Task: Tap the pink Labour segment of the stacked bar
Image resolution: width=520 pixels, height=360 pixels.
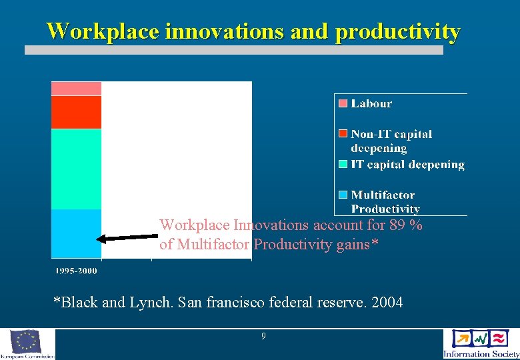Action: [x=76, y=89]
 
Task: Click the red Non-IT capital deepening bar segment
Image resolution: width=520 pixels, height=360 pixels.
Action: [x=76, y=112]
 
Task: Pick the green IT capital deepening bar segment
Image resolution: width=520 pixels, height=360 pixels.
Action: [x=76, y=169]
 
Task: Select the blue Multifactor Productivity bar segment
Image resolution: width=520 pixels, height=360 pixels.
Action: [x=76, y=233]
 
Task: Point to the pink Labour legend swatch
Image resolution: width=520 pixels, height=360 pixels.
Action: [x=343, y=103]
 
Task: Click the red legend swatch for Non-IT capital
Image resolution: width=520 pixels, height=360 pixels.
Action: [x=343, y=135]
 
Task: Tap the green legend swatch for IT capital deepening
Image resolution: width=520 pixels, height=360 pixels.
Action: [x=343, y=164]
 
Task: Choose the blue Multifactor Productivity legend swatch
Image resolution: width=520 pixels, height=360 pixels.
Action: [x=343, y=195]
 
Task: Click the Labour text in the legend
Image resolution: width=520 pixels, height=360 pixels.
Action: [x=371, y=103]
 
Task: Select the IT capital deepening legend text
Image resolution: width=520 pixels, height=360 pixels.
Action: [x=408, y=164]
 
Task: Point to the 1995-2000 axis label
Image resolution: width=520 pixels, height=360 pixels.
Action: [x=75, y=271]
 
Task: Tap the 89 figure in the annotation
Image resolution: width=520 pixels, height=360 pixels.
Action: [x=399, y=225]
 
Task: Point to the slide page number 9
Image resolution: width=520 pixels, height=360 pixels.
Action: [x=263, y=337]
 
